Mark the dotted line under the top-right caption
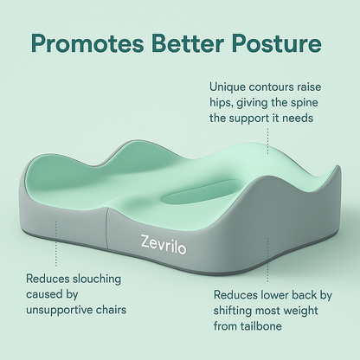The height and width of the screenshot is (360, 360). point(267,147)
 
